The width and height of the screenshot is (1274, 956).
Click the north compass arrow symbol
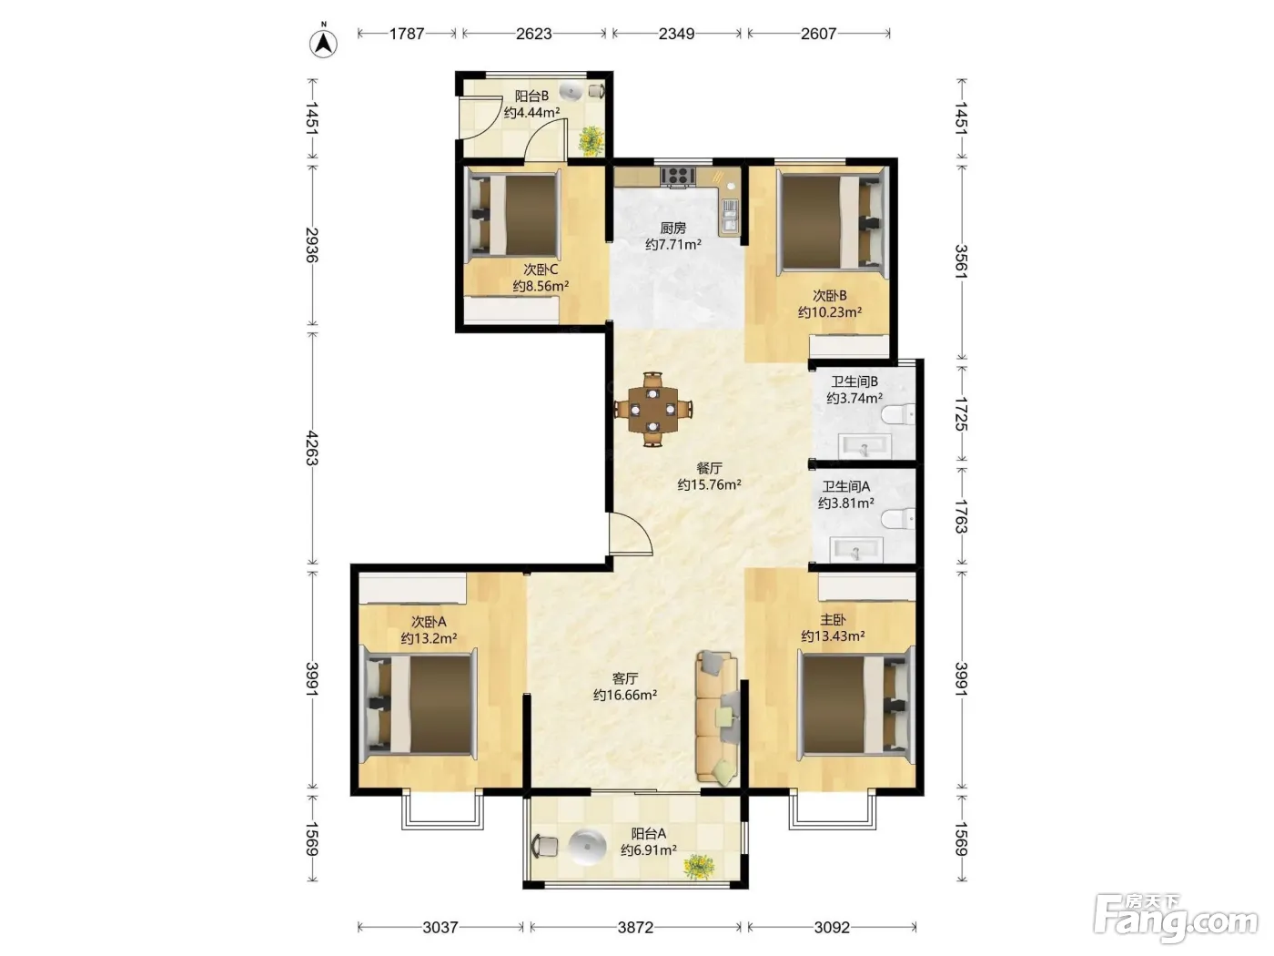(x=323, y=42)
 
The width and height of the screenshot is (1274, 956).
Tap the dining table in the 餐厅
(x=653, y=410)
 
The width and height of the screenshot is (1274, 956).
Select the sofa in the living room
(x=717, y=718)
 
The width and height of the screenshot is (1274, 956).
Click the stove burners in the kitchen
(x=677, y=176)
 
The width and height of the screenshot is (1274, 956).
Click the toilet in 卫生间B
(x=898, y=415)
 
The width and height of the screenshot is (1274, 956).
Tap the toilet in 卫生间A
(x=898, y=518)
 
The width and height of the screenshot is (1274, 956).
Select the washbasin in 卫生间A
(x=856, y=550)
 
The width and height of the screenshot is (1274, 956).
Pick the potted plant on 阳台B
(x=591, y=140)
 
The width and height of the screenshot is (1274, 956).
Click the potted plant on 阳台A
(x=699, y=867)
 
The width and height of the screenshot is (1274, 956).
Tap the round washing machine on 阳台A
(x=587, y=847)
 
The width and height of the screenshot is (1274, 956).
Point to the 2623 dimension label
(x=533, y=34)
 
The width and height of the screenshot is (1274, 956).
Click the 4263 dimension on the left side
(x=312, y=448)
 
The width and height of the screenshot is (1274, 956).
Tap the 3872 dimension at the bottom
(x=635, y=928)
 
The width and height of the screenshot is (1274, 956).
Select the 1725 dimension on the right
(x=961, y=414)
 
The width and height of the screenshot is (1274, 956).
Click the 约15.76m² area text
(x=709, y=484)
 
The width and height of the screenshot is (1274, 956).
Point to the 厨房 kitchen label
(x=673, y=229)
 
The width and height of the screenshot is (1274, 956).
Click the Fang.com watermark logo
(x=1176, y=918)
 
